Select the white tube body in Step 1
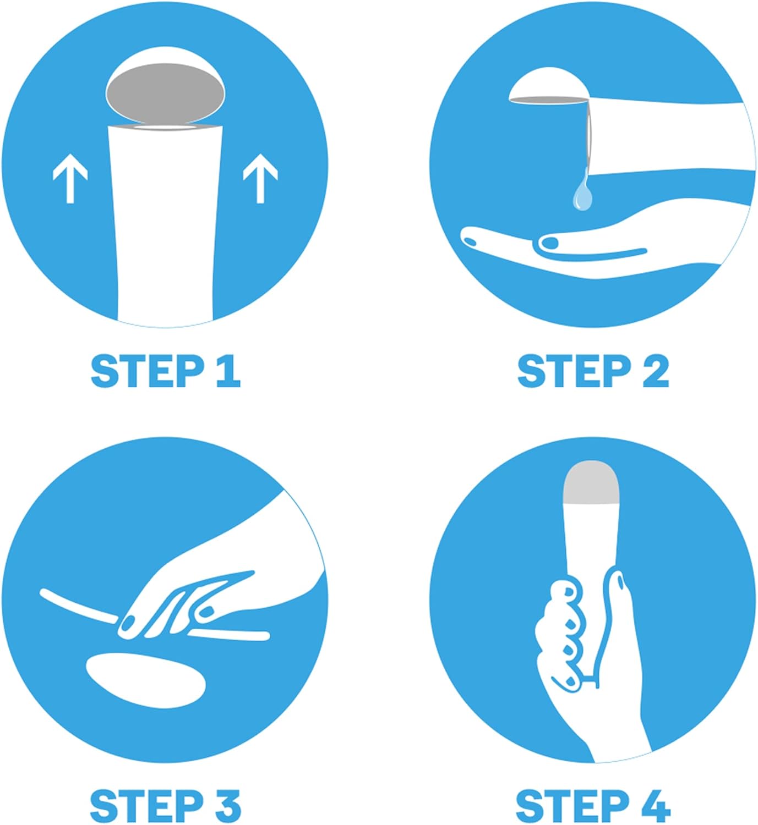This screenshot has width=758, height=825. click(x=166, y=222)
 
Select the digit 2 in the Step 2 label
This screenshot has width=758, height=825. click(x=656, y=372)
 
